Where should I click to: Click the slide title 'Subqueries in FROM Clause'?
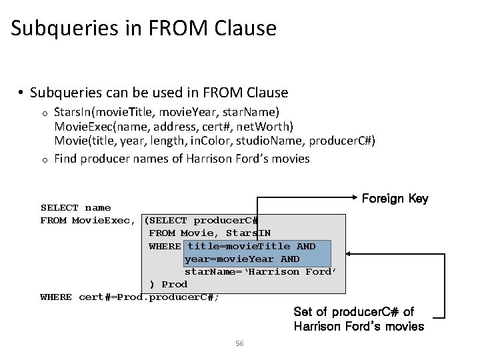(x=143, y=29)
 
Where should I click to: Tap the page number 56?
(x=240, y=343)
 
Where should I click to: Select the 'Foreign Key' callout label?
(x=395, y=199)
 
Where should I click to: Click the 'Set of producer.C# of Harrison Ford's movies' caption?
(x=359, y=319)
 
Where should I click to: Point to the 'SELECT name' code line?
(x=75, y=208)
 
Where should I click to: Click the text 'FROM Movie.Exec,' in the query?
(x=89, y=221)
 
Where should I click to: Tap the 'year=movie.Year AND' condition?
(x=242, y=259)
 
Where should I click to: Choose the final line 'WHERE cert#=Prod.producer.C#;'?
(x=129, y=297)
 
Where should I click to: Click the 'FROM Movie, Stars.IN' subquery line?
(x=209, y=233)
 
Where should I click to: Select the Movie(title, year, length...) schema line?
(x=214, y=142)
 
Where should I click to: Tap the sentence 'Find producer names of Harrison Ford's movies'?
(x=181, y=159)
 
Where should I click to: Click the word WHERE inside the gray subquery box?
(x=165, y=246)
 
